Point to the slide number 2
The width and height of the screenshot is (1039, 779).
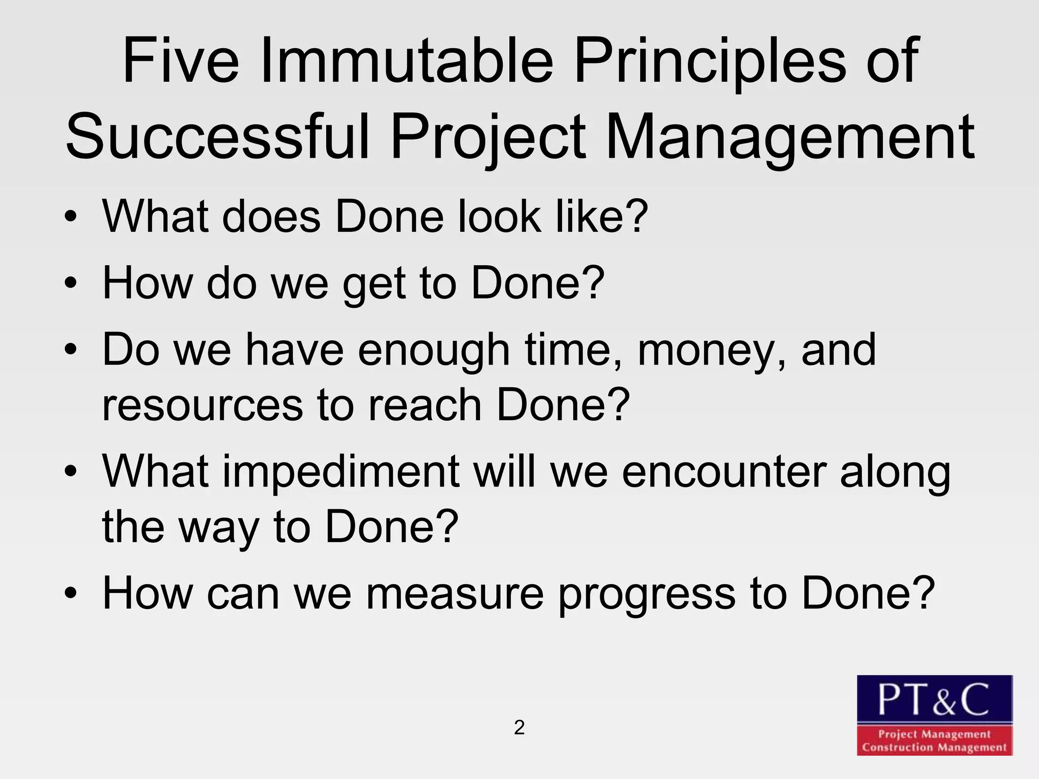tap(519, 728)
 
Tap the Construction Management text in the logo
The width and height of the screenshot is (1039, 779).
tap(934, 747)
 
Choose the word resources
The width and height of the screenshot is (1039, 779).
tap(202, 405)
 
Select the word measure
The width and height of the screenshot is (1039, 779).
tap(455, 594)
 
